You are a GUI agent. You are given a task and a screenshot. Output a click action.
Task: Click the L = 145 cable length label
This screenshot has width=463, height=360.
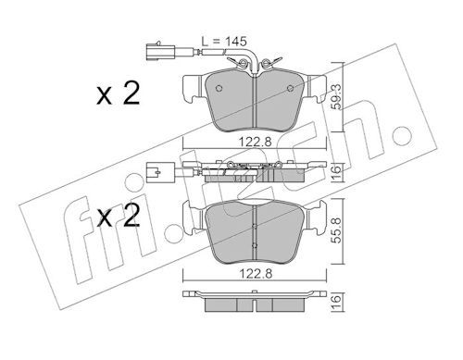pos(224,42)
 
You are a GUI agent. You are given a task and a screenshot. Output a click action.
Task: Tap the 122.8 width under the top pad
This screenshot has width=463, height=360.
pos(255,142)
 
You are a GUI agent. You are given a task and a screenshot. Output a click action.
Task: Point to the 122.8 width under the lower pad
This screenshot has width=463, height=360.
pos(255,274)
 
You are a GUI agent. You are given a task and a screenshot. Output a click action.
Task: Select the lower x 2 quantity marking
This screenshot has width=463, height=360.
pos(119,216)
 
